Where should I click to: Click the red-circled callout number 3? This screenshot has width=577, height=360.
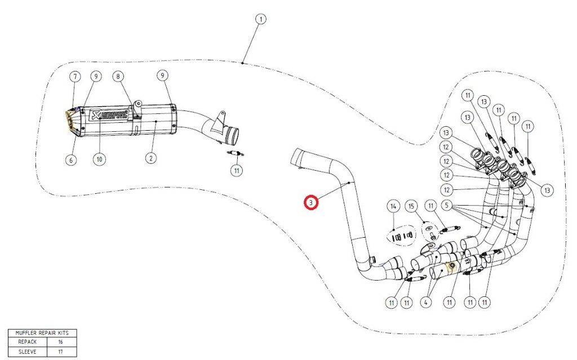coord(311,202)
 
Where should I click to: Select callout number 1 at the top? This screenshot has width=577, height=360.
coord(260,19)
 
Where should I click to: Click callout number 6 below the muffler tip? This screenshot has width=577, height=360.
coord(70,160)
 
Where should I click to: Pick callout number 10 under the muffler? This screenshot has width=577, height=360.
coord(99,160)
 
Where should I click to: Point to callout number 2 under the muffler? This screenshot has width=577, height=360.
coord(150,159)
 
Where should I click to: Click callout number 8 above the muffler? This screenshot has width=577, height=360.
coord(118,75)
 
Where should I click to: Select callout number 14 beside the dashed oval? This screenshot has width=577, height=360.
coord(393,206)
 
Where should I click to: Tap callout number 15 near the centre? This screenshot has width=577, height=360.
coord(411,206)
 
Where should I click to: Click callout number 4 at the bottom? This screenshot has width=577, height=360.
coord(425,303)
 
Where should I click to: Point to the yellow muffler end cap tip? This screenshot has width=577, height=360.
coord(69,119)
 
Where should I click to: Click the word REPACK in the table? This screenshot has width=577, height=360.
coord(26,341)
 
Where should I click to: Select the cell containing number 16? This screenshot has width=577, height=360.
coord(61,341)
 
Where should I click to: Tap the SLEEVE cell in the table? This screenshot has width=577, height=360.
coord(26,351)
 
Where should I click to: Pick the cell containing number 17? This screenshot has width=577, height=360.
coord(61,351)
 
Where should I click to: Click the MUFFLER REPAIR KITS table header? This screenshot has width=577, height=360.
coord(42,333)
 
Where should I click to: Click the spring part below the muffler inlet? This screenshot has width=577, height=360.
coord(234,153)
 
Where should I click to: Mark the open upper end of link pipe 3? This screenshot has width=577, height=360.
coord(295,157)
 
